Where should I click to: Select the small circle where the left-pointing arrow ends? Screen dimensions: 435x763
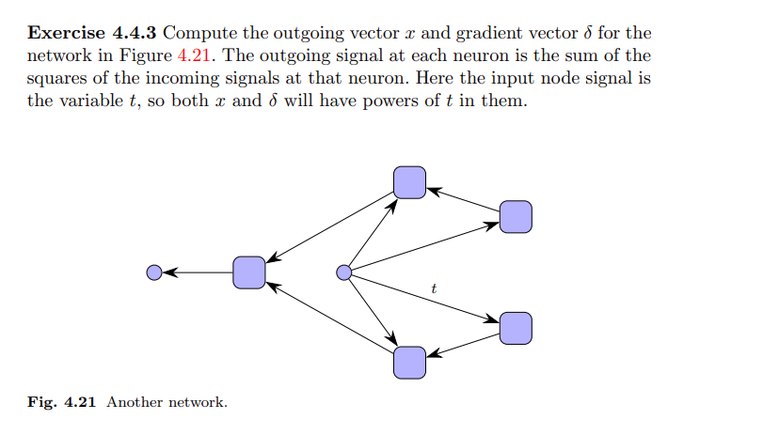pyautogui.click(x=155, y=272)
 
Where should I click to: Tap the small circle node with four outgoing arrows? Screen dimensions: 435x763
pyautogui.click(x=344, y=272)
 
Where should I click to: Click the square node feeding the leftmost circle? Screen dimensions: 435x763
pyautogui.click(x=249, y=272)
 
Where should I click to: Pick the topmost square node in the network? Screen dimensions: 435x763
pyautogui.click(x=409, y=182)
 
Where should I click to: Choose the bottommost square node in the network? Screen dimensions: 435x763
pyautogui.click(x=409, y=362)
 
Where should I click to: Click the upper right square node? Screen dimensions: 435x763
pyautogui.click(x=516, y=217)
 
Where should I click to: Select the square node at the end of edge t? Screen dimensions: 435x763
pyautogui.click(x=516, y=328)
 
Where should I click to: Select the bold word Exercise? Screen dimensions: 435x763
pyautogui.click(x=66, y=33)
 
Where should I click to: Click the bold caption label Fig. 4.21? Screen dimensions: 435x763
pyautogui.click(x=63, y=402)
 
